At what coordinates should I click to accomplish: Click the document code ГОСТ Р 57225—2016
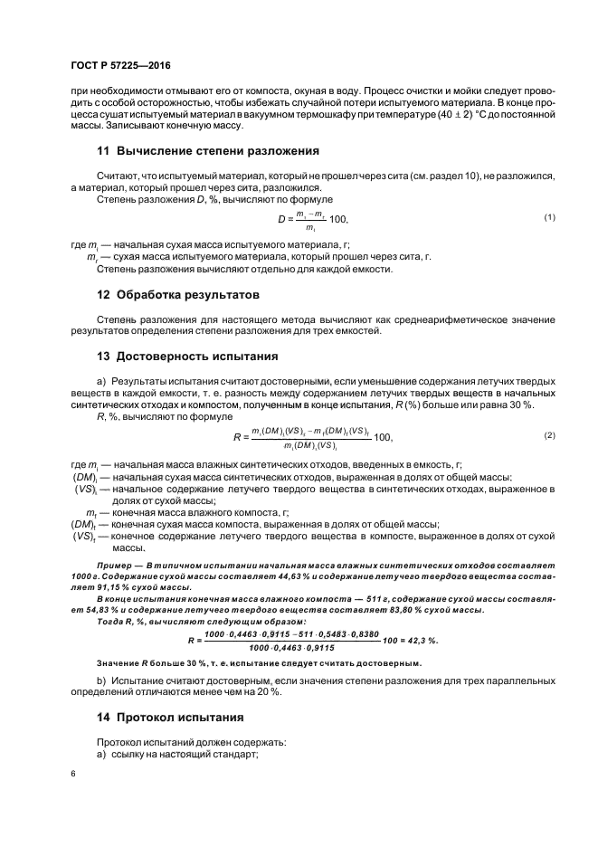(120, 66)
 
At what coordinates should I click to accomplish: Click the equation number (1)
(549, 217)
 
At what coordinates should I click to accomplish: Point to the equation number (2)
(549, 435)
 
